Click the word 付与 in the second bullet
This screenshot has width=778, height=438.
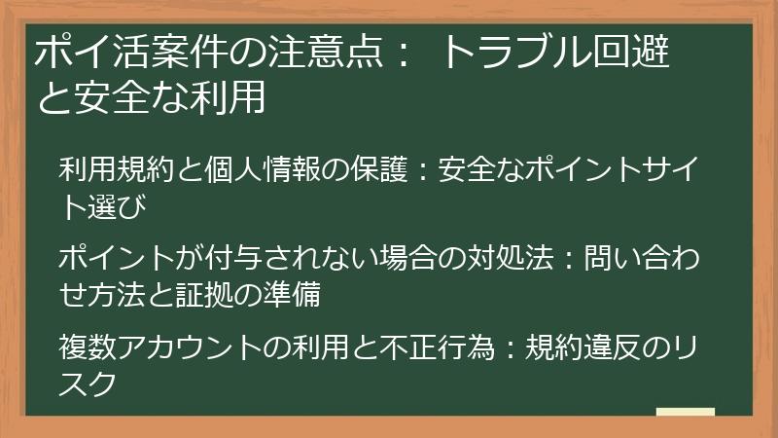[x=214, y=259]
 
